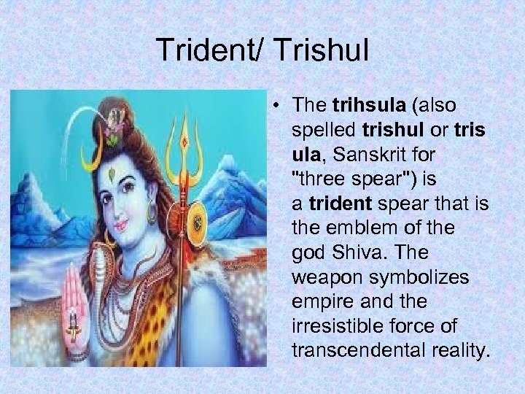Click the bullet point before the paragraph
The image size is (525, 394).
click(280, 107)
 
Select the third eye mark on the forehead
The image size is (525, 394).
click(112, 175)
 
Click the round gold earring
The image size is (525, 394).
click(152, 213)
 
